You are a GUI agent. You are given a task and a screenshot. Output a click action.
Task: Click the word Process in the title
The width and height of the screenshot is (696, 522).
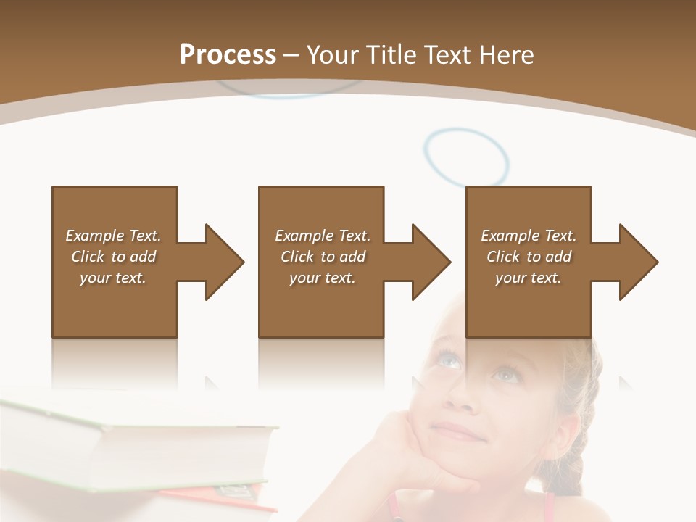tap(228, 55)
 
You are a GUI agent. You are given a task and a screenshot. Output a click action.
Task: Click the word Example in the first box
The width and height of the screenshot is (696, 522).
tap(94, 236)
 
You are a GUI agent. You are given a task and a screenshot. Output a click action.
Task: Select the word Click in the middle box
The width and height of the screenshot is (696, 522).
tap(297, 257)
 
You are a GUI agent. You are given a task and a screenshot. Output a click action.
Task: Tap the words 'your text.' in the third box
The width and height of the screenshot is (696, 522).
tap(528, 278)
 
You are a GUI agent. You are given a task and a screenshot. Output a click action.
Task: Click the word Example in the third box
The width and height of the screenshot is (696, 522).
tap(510, 236)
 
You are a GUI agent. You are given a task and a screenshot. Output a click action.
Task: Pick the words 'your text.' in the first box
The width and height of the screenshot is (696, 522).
tap(113, 278)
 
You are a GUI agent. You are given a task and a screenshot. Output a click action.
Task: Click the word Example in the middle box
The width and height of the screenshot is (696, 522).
tap(304, 236)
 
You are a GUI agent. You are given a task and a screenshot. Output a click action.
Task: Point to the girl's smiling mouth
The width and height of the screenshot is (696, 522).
tap(459, 433)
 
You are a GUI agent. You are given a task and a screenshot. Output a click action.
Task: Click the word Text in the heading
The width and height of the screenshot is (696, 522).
tap(449, 55)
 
